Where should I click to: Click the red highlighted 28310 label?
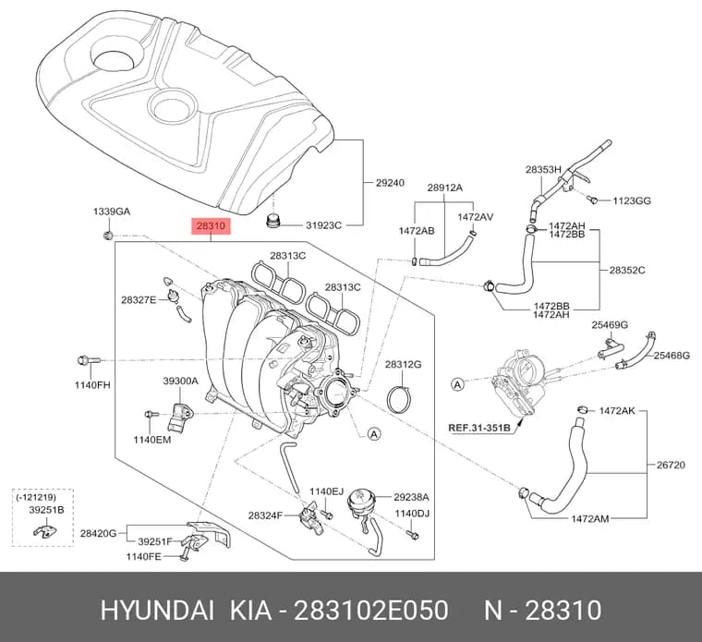211,226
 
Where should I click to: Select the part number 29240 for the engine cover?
390,183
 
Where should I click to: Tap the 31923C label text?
323,225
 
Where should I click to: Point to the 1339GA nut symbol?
107,235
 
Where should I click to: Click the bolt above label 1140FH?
89,359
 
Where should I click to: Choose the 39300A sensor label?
180,381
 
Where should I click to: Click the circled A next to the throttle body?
457,384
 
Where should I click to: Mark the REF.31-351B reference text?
479,428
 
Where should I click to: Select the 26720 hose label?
671,465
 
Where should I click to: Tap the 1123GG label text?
631,200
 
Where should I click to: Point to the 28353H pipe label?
543,170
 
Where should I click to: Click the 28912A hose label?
444,188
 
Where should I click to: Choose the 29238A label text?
411,497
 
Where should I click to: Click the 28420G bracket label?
98,533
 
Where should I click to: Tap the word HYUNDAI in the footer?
157,611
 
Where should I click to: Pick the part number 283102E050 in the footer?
370,611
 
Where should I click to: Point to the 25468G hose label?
672,356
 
